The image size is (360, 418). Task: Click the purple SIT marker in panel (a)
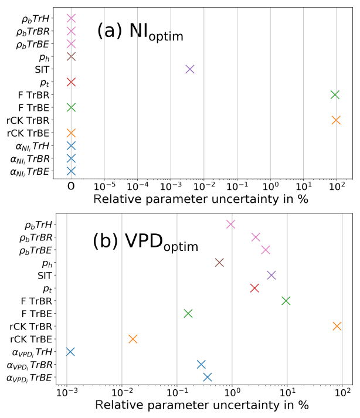189,69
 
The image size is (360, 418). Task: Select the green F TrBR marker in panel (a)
335,94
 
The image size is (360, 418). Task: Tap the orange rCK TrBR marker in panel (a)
336,120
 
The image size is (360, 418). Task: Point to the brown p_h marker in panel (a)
71,56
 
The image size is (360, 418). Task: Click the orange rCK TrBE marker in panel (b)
133,339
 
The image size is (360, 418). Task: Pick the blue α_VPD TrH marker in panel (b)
70,352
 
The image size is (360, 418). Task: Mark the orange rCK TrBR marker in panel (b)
337,326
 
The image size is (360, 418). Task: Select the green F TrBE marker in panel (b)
188,314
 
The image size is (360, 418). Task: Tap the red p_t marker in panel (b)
254,288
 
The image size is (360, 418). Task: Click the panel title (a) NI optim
140,33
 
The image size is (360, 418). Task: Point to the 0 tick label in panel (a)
71,186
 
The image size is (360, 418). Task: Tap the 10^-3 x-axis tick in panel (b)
67,392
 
